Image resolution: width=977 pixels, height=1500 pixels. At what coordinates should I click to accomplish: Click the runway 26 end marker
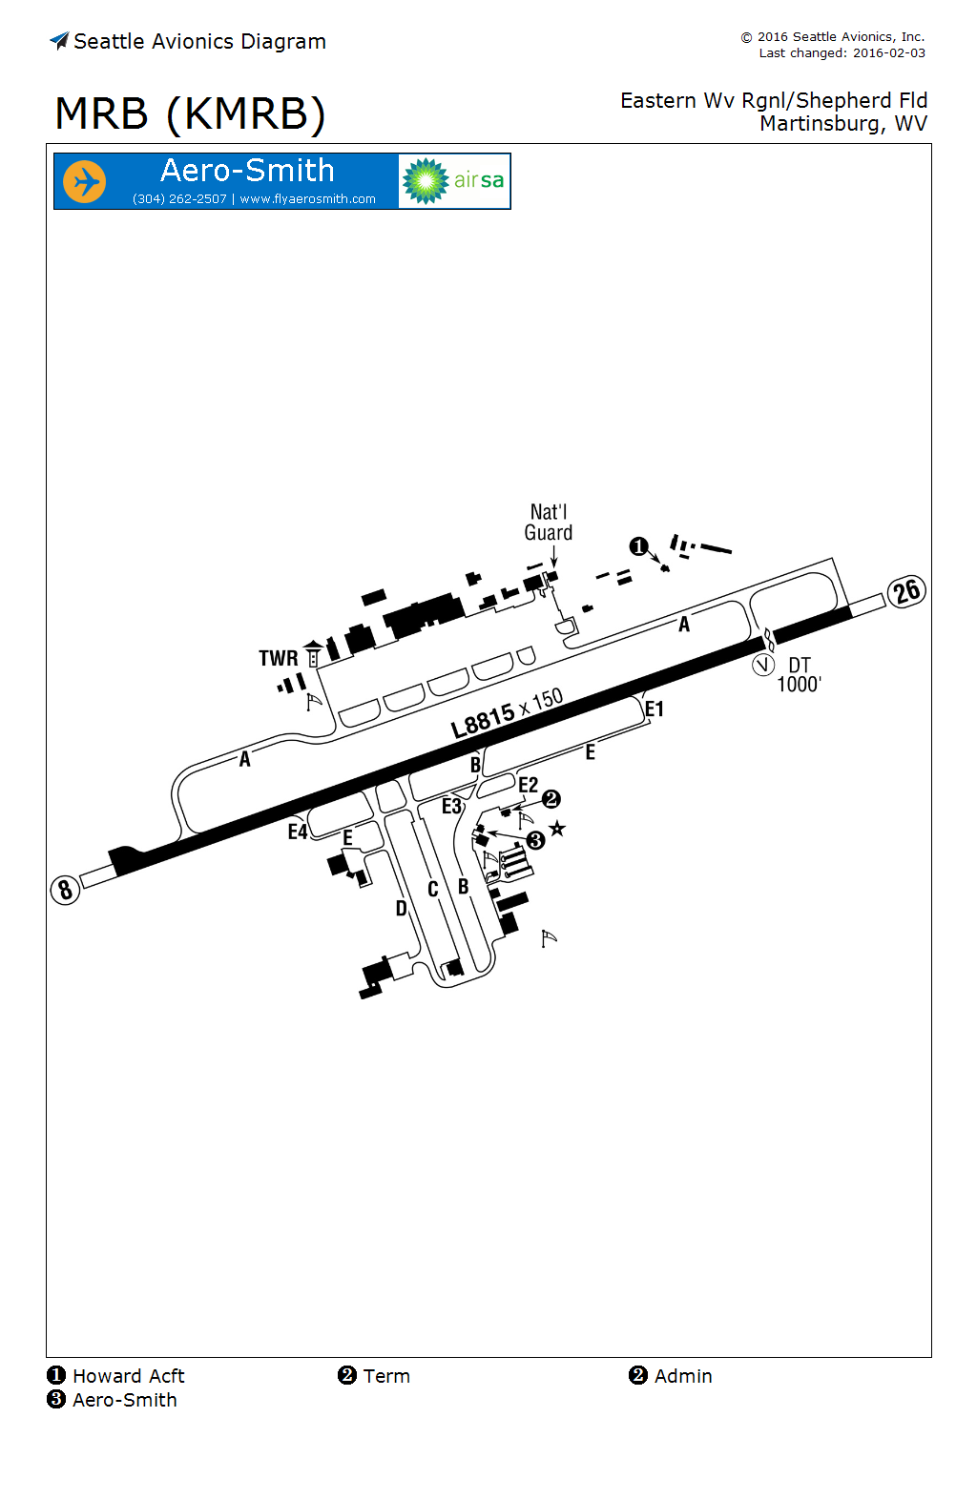(x=905, y=591)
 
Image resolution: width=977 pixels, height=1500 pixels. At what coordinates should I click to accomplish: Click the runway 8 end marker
(x=65, y=890)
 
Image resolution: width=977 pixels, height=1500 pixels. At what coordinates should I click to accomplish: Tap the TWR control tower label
(x=278, y=658)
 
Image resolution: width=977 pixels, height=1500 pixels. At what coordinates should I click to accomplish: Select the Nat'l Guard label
(x=549, y=523)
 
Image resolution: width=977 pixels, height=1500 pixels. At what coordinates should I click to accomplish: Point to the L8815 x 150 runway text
(x=507, y=713)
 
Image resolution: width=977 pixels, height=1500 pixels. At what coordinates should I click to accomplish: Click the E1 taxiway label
(x=655, y=709)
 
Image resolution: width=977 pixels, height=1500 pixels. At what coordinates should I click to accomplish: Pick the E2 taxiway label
(x=528, y=785)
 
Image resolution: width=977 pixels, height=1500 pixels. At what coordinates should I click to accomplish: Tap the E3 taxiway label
(x=451, y=807)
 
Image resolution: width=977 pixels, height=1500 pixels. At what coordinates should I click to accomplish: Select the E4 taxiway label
(x=298, y=832)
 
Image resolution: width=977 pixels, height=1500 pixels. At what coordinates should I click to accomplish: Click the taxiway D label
(x=402, y=908)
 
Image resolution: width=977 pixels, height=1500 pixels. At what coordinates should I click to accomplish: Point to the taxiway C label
(x=433, y=890)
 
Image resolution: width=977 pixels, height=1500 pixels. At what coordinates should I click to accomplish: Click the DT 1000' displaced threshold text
(x=799, y=674)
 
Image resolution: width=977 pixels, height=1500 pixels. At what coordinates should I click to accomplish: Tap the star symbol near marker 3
(x=557, y=829)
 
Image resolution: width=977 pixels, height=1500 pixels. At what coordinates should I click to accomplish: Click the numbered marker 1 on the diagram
(x=638, y=546)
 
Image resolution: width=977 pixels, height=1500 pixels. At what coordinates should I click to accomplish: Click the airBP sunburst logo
(x=426, y=181)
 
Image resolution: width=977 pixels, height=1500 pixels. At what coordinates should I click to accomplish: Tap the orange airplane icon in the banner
(x=84, y=181)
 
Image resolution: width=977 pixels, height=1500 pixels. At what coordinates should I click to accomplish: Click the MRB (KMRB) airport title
(x=190, y=113)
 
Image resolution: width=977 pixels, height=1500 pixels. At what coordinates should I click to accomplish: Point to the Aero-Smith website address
(x=307, y=199)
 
